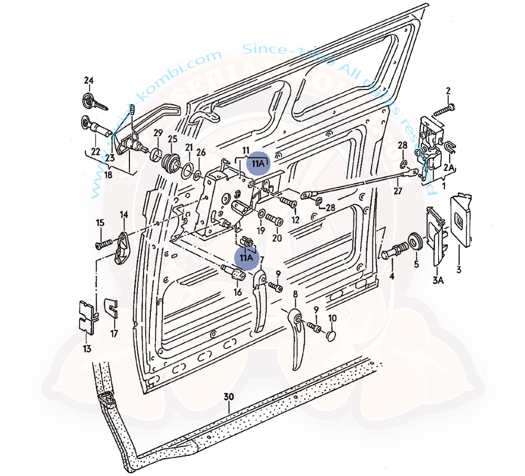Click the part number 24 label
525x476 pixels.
[89, 81]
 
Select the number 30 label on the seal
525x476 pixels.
[228, 397]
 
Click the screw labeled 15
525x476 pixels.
[104, 244]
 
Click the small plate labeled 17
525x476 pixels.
[110, 308]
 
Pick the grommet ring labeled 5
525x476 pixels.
[415, 240]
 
